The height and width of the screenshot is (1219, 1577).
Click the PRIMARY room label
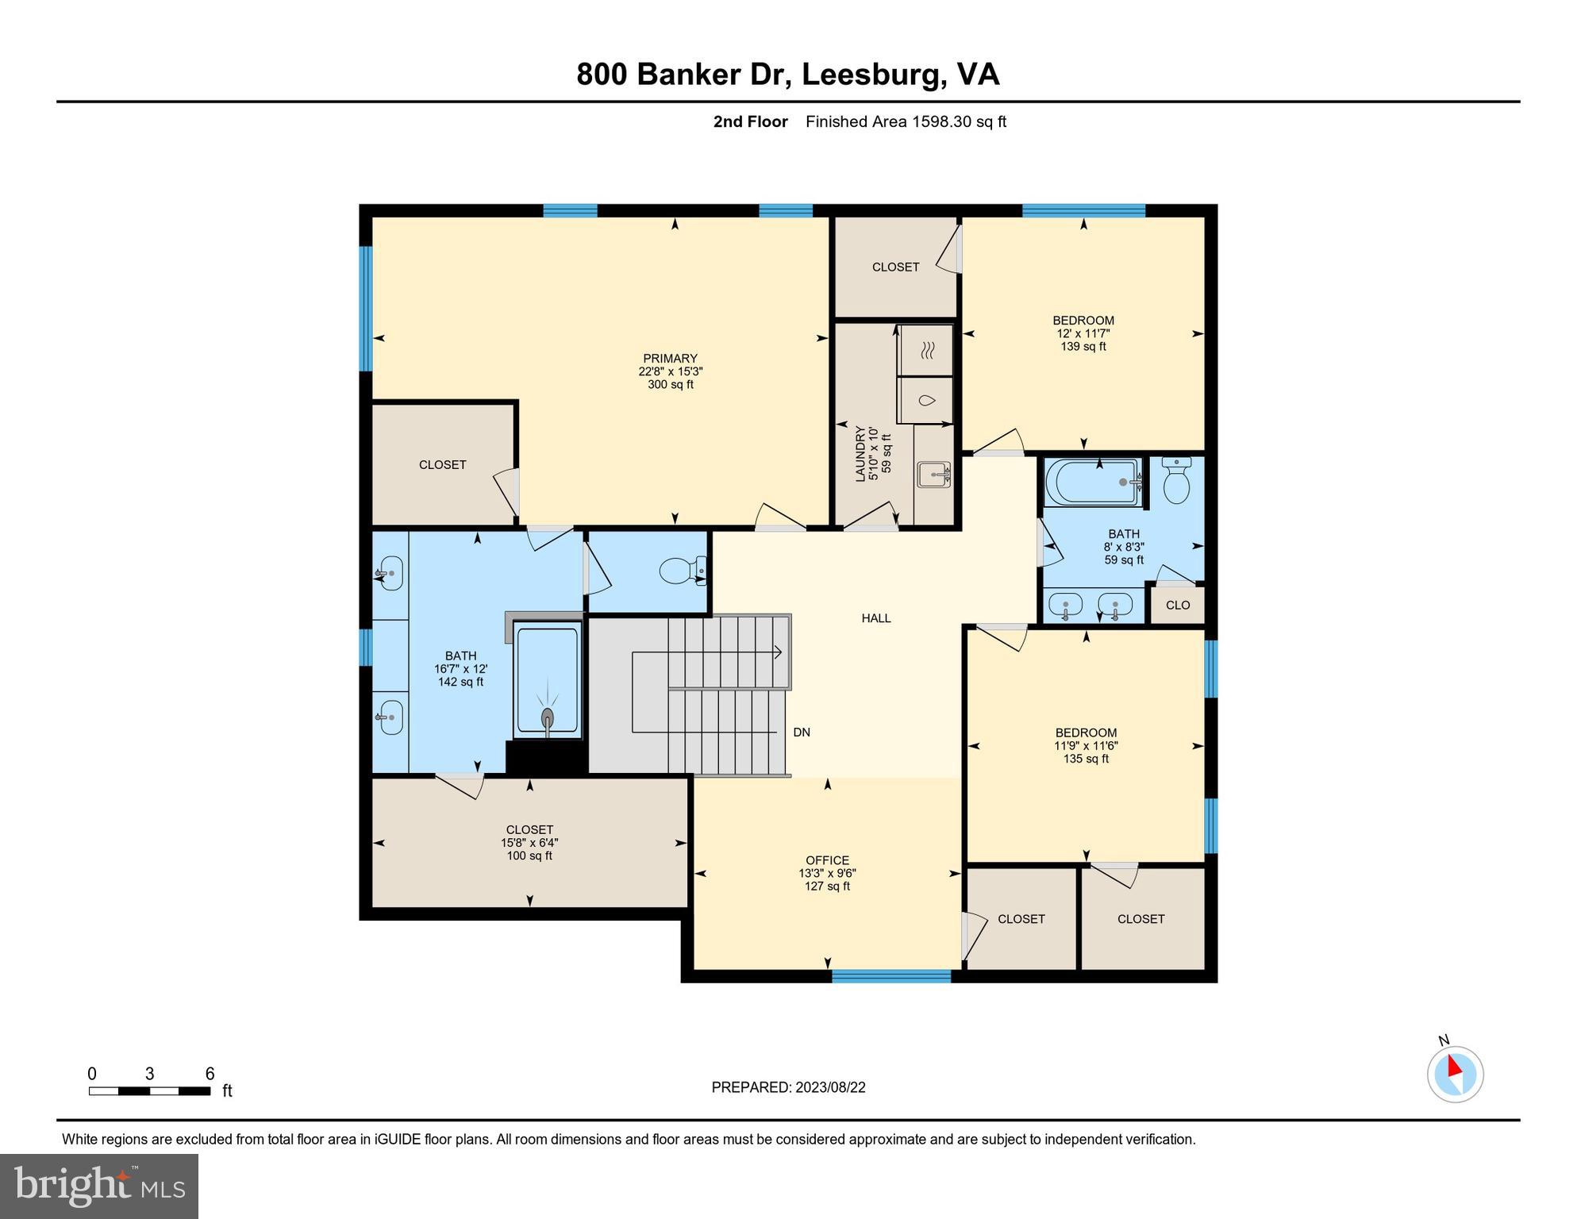(x=671, y=359)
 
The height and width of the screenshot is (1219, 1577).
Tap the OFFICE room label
(x=827, y=860)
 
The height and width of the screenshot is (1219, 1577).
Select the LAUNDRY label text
(x=860, y=454)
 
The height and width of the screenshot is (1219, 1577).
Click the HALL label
(x=875, y=618)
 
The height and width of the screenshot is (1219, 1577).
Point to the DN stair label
(x=802, y=733)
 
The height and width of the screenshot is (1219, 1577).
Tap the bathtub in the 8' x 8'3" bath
(x=1093, y=482)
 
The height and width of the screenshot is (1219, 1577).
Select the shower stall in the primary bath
(x=547, y=679)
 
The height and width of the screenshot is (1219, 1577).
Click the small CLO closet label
(x=1178, y=606)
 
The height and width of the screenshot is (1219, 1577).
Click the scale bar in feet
(x=149, y=1091)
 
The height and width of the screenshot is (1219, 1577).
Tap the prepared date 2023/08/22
(x=788, y=1087)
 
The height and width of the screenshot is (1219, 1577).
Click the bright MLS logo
(x=99, y=1186)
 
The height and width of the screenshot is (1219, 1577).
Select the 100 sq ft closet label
(x=529, y=843)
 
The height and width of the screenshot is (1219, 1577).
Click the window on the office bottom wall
(x=890, y=977)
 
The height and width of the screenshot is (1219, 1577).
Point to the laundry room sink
(x=933, y=475)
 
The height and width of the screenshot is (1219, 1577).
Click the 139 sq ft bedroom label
(x=1083, y=333)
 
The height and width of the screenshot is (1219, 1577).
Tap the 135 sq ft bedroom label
(x=1086, y=745)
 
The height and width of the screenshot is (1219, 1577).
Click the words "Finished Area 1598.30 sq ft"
(x=906, y=121)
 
